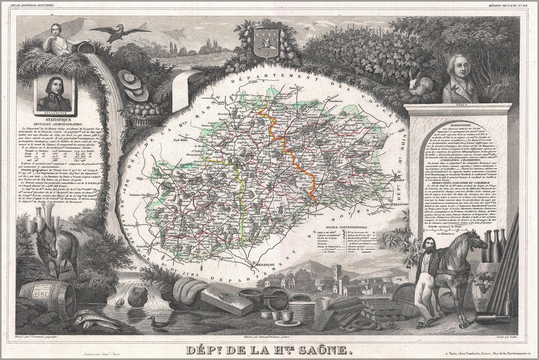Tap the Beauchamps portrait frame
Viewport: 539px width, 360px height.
coord(54,95)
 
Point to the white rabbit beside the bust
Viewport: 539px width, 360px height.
coord(422,83)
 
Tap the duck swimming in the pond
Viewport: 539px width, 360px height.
coord(154,322)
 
